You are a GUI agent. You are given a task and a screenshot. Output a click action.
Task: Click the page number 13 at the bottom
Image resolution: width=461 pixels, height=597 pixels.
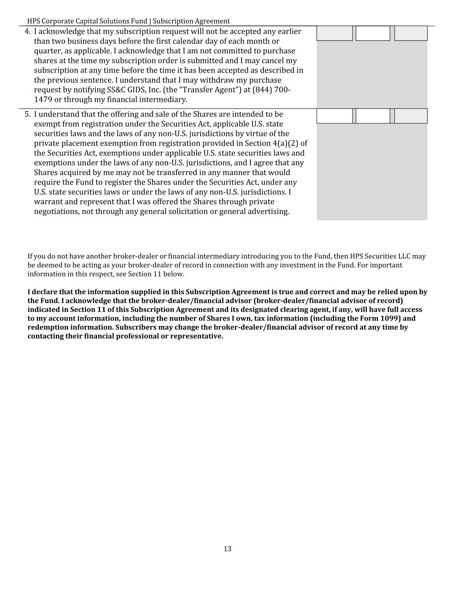tap(227, 549)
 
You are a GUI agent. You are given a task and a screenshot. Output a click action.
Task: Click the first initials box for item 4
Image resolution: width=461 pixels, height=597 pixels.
tap(334, 33)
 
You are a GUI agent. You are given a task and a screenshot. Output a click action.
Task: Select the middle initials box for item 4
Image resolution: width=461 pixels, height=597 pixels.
tap(373, 33)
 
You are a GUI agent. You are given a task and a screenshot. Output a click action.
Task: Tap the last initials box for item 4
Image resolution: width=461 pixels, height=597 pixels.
tap(411, 33)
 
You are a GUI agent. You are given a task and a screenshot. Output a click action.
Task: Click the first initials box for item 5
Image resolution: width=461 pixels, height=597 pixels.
tap(334, 116)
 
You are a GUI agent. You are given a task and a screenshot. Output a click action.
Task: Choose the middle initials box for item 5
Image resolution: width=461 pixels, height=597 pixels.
tap(373, 116)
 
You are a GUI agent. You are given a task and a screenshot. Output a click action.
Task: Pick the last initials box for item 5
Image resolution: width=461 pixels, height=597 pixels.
tap(411, 116)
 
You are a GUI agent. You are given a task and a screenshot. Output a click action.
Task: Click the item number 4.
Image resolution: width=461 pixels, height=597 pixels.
tap(27, 31)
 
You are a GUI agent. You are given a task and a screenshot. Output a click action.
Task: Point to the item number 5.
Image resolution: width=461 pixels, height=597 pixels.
tap(27, 114)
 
